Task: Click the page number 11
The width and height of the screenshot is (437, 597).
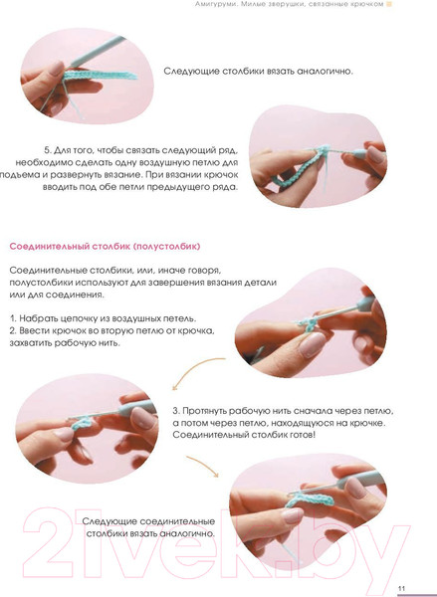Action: [x=401, y=588]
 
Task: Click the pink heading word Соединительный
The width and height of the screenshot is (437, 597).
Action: [x=49, y=247]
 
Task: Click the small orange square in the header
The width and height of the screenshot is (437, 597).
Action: [x=389, y=4]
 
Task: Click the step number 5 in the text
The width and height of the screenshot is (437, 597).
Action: [x=47, y=150]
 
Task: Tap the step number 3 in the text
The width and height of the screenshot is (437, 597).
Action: [x=175, y=411]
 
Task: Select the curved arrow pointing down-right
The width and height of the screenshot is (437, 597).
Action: [x=204, y=465]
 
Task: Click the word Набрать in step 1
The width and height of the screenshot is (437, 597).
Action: [x=38, y=318]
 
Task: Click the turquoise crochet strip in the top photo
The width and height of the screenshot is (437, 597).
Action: [x=100, y=75]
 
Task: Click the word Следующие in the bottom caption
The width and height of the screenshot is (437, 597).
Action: [x=109, y=521]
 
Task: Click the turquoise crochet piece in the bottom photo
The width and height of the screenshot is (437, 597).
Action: [x=310, y=499]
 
